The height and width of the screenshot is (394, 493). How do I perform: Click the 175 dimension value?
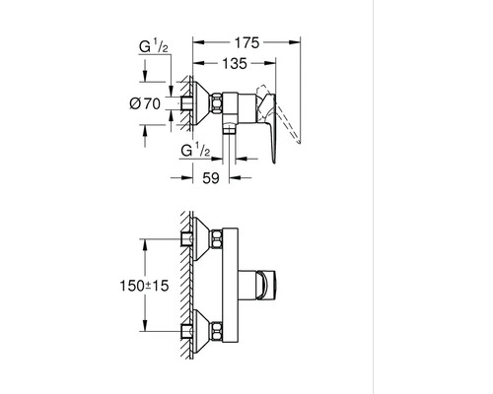(x=246, y=43)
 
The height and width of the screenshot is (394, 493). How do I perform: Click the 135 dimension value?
(x=235, y=63)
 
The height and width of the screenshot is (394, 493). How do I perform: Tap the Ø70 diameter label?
(x=145, y=104)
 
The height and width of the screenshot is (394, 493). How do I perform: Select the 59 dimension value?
(x=211, y=178)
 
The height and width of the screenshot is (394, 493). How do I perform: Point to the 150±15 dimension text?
(x=144, y=286)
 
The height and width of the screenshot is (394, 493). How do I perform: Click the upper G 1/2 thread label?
(x=154, y=46)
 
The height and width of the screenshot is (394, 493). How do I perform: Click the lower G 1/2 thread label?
(x=195, y=150)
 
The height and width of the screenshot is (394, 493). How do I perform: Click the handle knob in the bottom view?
(x=266, y=286)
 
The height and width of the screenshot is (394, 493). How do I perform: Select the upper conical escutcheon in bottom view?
(x=202, y=238)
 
